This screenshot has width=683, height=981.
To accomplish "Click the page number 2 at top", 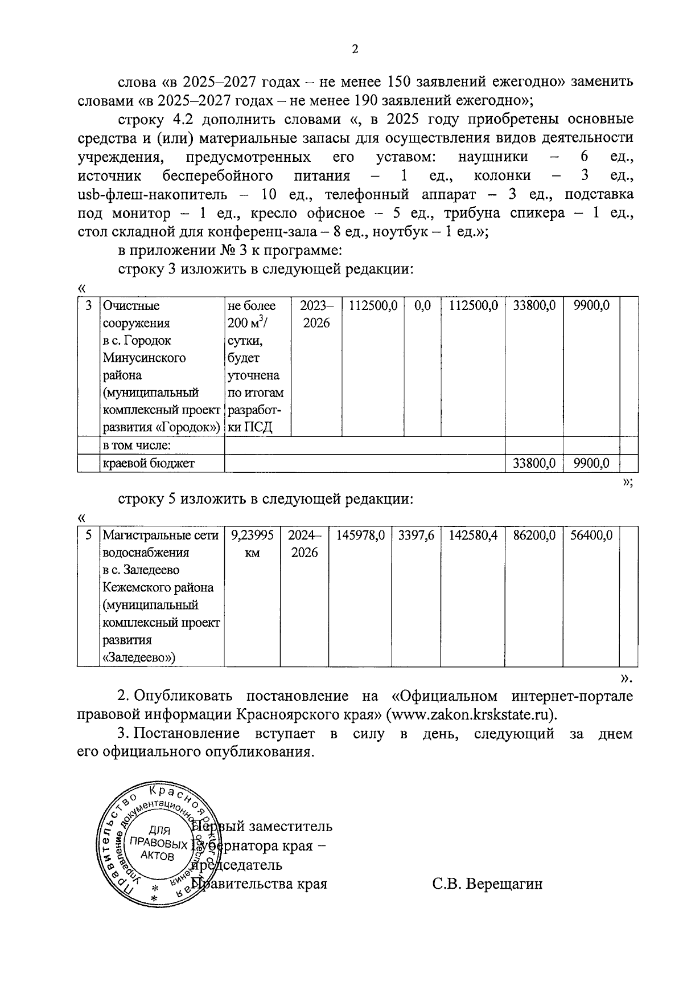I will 355,50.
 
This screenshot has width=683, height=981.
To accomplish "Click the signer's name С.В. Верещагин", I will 487,884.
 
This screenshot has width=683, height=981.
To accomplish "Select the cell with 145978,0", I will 360,536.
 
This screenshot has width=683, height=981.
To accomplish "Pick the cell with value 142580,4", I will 473,536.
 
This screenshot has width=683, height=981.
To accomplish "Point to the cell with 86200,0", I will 534,536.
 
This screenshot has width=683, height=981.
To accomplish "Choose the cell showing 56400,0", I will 591,536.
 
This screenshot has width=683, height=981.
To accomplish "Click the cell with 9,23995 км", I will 252,544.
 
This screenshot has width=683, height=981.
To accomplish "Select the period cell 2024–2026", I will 304,544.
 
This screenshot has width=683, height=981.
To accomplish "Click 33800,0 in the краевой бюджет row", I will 534,463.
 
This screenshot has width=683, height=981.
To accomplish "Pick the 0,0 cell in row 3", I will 422,305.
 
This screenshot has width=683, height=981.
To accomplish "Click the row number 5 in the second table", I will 88,536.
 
